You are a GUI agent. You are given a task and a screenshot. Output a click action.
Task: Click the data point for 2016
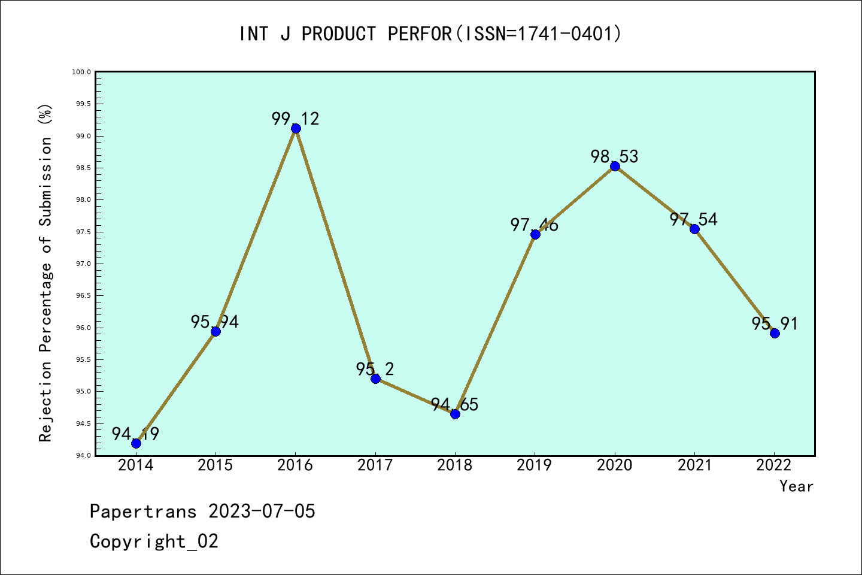point(296,128)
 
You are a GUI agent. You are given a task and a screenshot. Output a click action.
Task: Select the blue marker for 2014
point(136,443)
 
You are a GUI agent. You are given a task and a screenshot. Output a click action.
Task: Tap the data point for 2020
point(615,166)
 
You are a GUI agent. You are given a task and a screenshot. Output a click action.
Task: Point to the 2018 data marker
point(455,414)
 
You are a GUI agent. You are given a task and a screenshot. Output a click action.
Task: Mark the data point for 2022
point(775,333)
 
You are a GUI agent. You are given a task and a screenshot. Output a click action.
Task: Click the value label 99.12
point(296,119)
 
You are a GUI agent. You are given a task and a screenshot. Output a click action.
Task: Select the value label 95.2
point(375,369)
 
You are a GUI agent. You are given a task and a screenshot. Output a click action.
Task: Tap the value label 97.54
point(694,219)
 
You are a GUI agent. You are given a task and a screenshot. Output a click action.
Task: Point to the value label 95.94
point(215,322)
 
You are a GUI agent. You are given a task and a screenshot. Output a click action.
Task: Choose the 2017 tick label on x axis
point(375,465)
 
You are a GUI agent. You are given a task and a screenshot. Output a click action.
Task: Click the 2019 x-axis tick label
point(535,465)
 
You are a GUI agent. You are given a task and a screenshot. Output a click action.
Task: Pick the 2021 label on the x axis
point(694,465)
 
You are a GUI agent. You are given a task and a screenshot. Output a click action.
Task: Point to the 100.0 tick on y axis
point(81,72)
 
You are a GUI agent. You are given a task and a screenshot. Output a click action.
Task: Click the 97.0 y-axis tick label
point(81,264)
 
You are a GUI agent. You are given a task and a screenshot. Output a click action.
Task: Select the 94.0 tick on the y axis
point(81,455)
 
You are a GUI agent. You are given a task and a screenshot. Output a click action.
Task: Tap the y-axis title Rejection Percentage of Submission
point(46,273)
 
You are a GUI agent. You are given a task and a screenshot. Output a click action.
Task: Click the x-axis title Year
point(796,486)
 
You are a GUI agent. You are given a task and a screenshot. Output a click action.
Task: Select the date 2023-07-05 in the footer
point(262,512)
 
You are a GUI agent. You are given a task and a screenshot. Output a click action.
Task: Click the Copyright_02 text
point(154,541)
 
